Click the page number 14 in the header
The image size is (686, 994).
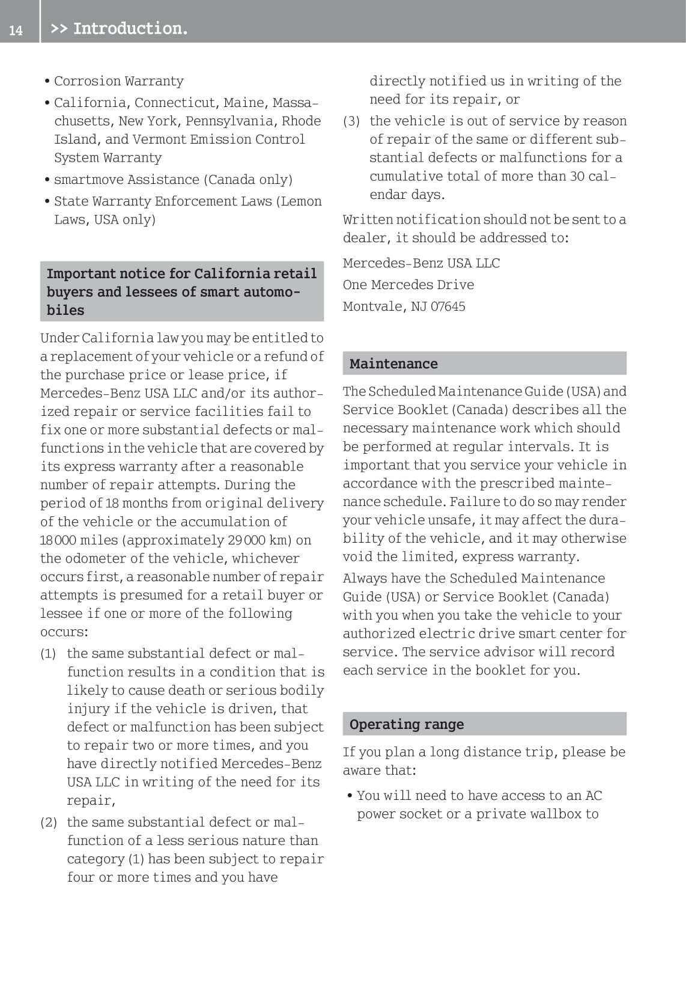(x=16, y=30)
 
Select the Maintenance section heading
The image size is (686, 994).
(x=393, y=364)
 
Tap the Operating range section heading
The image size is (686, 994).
(x=406, y=724)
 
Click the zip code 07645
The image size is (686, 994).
(x=448, y=306)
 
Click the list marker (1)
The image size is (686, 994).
(x=48, y=654)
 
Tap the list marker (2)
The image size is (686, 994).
(x=49, y=823)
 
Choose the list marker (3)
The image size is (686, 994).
(x=351, y=121)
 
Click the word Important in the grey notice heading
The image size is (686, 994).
(x=80, y=273)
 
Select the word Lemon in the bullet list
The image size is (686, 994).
(x=301, y=201)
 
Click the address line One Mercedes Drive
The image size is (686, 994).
(x=408, y=285)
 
